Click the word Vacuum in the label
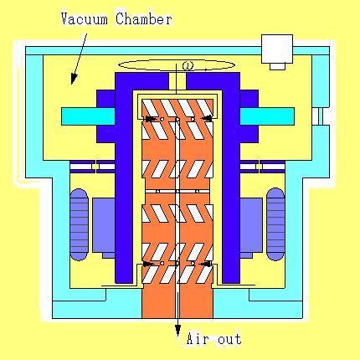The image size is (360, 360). click(85, 19)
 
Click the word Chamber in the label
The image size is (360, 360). click(144, 19)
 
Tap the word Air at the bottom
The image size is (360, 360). click(198, 339)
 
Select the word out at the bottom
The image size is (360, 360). click(229, 340)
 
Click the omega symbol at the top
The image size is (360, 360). click(187, 66)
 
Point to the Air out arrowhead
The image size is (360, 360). click(177, 332)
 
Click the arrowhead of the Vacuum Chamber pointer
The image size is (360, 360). click(74, 79)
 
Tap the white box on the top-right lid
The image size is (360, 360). click(277, 52)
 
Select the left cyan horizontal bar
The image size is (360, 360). click(88, 116)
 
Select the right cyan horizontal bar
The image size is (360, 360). click(267, 116)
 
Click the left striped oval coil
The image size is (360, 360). click(79, 224)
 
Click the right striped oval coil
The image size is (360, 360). click(276, 224)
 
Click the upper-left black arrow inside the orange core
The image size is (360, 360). click(149, 119)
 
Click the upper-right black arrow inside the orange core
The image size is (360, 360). click(207, 119)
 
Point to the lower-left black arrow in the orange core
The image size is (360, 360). click(149, 264)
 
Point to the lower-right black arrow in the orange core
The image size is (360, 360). click(207, 264)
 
